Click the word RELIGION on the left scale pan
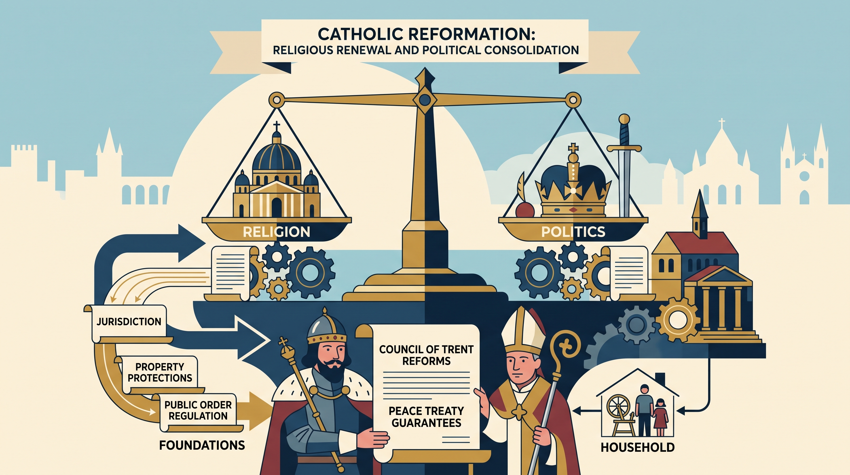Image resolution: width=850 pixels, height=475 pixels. coord(276,232)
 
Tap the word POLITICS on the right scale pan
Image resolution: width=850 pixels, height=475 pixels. coord(573,232)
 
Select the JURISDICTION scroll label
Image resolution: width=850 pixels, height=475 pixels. coord(129,321)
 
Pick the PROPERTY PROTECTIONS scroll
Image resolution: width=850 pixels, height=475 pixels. coord(160,372)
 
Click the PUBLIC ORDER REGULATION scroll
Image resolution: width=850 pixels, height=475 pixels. coord(198,411)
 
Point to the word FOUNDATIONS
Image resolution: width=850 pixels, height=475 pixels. coord(202,445)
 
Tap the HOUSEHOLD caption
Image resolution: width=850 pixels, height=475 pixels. coord(637,447)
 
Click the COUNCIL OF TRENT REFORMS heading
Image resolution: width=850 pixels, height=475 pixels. coord(426,355)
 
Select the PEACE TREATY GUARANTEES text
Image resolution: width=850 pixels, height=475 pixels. coord(426,417)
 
